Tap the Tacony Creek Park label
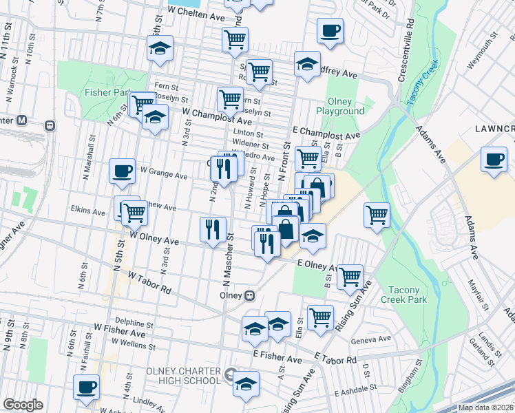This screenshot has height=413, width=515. [408, 295]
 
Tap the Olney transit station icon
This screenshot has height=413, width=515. [250, 295]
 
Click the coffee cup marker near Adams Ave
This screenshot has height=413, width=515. [494, 160]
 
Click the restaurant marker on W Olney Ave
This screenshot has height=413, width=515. [213, 229]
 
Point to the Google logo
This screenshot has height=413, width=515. [23, 404]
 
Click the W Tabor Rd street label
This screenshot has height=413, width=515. [149, 282]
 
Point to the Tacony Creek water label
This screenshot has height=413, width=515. [421, 83]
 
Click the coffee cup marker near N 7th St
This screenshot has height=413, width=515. [86, 387]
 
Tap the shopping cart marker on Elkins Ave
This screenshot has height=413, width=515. [134, 213]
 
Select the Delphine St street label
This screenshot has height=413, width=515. [134, 322]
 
